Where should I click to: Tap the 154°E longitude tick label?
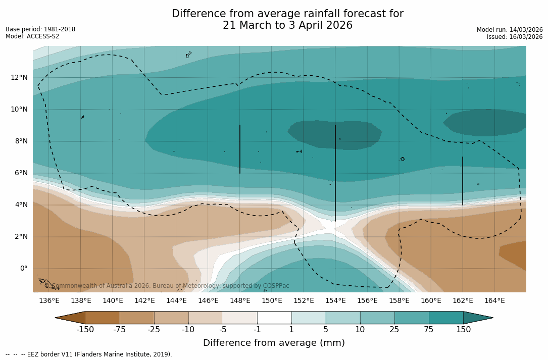[x=335, y=301]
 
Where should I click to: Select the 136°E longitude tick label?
[x=49, y=301]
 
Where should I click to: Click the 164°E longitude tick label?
[x=494, y=301]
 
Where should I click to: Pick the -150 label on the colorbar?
[x=85, y=330]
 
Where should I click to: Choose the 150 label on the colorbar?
[x=463, y=330]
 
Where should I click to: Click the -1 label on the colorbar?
[x=257, y=330]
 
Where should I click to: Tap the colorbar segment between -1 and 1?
[x=274, y=318]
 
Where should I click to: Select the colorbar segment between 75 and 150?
[x=446, y=318]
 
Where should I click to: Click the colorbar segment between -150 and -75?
[x=103, y=318]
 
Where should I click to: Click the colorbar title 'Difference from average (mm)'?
[x=274, y=343]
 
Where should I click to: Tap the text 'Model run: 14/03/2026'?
[x=510, y=30]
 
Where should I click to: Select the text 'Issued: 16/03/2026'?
[x=515, y=37]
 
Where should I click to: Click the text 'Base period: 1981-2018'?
[x=40, y=29]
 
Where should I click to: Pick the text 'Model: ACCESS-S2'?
[x=32, y=36]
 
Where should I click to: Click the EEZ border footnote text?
[x=89, y=354]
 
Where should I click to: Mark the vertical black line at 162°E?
[x=463, y=181]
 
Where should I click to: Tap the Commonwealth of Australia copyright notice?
[x=167, y=286]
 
